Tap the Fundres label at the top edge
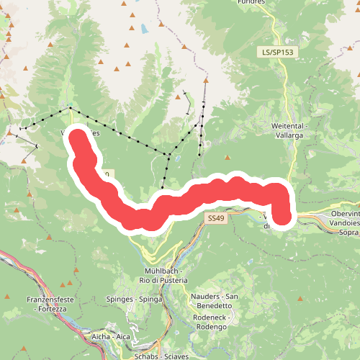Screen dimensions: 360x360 [271, 2]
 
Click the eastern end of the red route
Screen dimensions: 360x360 [284, 217]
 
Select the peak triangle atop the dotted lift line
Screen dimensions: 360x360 [205, 81]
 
